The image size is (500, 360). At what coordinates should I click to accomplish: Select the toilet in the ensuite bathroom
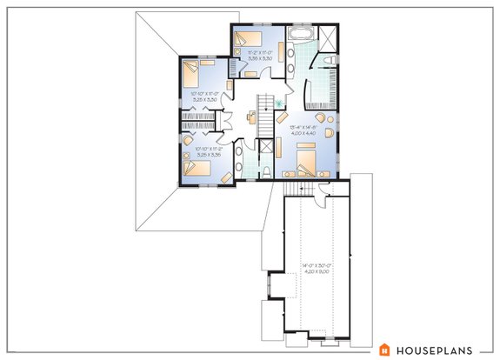[x=331, y=58]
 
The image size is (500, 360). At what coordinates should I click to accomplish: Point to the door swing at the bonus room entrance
[x=324, y=190]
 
